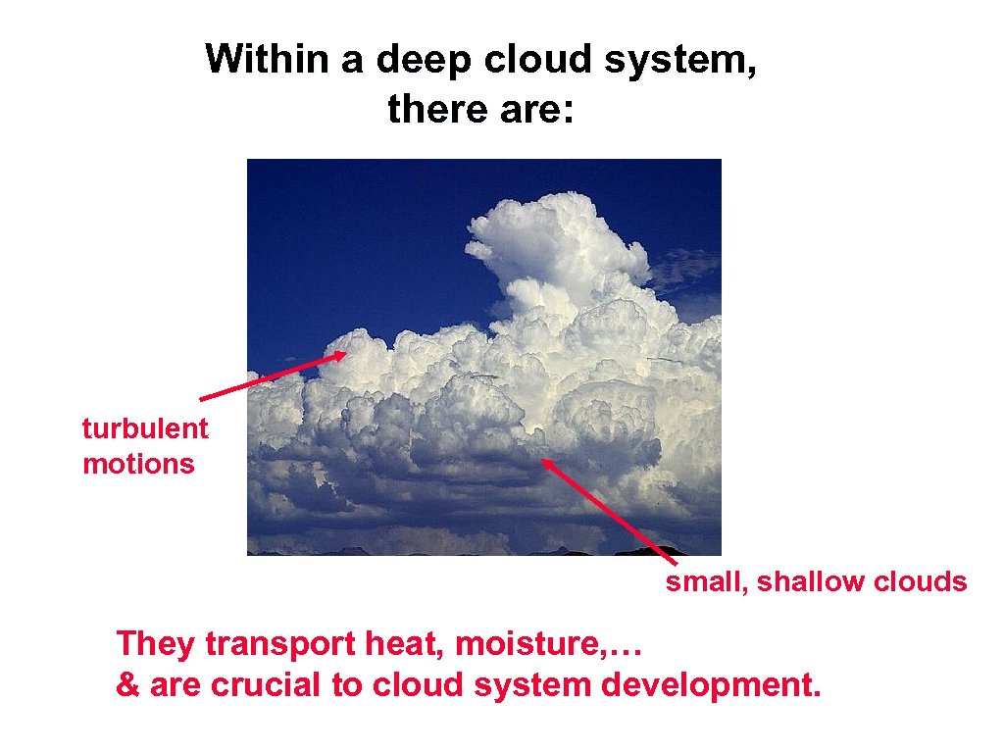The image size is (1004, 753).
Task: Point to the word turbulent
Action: pos(145,428)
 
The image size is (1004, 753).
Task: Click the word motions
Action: pos(138,463)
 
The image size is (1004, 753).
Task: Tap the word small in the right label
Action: pos(705,582)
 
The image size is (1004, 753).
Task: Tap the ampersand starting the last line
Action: pos(127,684)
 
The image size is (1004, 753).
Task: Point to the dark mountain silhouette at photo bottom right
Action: pos(677,549)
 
